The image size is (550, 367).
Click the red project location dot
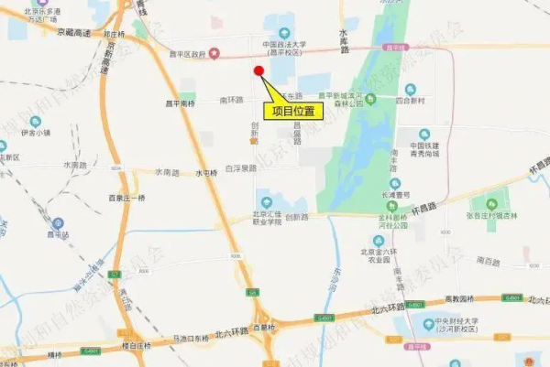click(258, 71)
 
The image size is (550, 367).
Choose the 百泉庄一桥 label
click(126, 199)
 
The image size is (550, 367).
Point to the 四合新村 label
click(412, 103)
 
